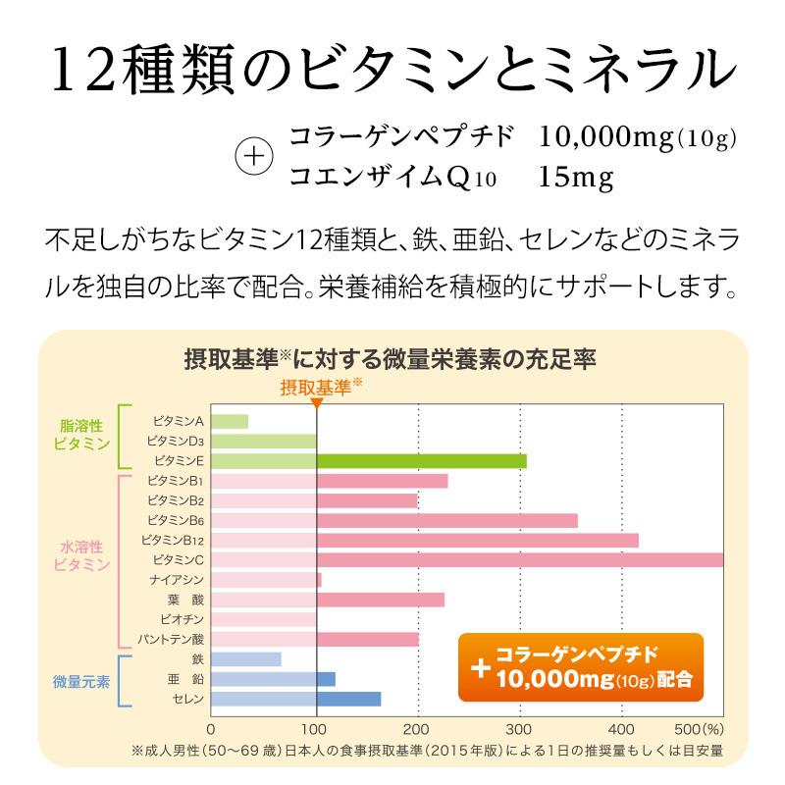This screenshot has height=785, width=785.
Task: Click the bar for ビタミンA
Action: tap(230, 421)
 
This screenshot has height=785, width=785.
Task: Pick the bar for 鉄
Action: tap(246, 659)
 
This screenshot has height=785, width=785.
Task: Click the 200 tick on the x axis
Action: tap(418, 729)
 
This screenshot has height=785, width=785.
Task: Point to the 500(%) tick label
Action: tap(701, 729)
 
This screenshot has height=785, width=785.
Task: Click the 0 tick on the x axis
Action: tap(212, 729)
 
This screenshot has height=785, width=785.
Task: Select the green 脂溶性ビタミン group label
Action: tap(82, 435)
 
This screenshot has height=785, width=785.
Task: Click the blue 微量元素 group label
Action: tap(81, 680)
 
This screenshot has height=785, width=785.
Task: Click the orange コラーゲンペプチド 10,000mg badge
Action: tap(581, 668)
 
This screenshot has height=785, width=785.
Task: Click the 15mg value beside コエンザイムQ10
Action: tap(576, 178)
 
